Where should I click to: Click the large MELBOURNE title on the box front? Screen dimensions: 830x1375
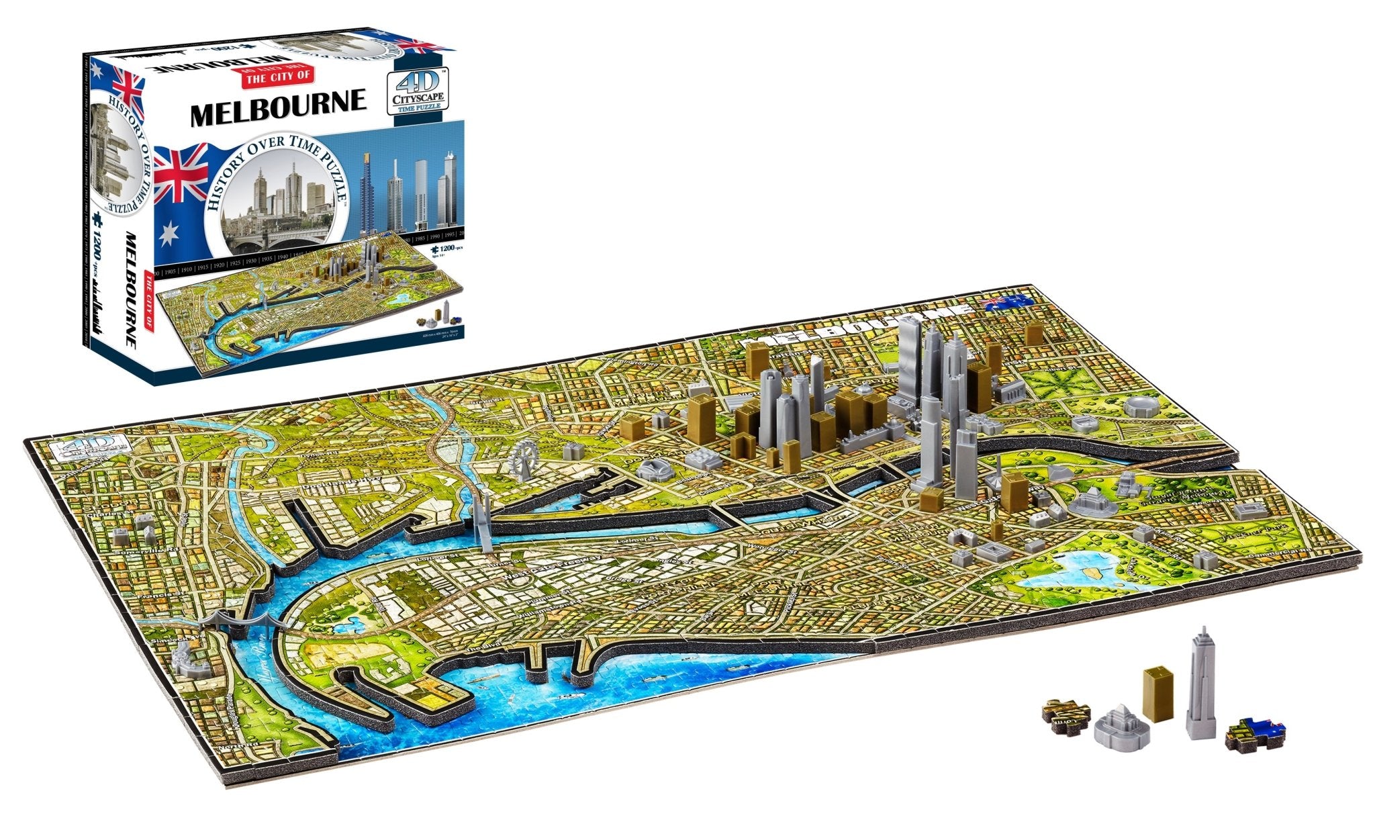pos(279,107)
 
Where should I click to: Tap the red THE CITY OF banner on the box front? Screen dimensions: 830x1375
pos(279,76)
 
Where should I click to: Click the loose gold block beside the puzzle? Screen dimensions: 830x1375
pos(1157,693)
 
